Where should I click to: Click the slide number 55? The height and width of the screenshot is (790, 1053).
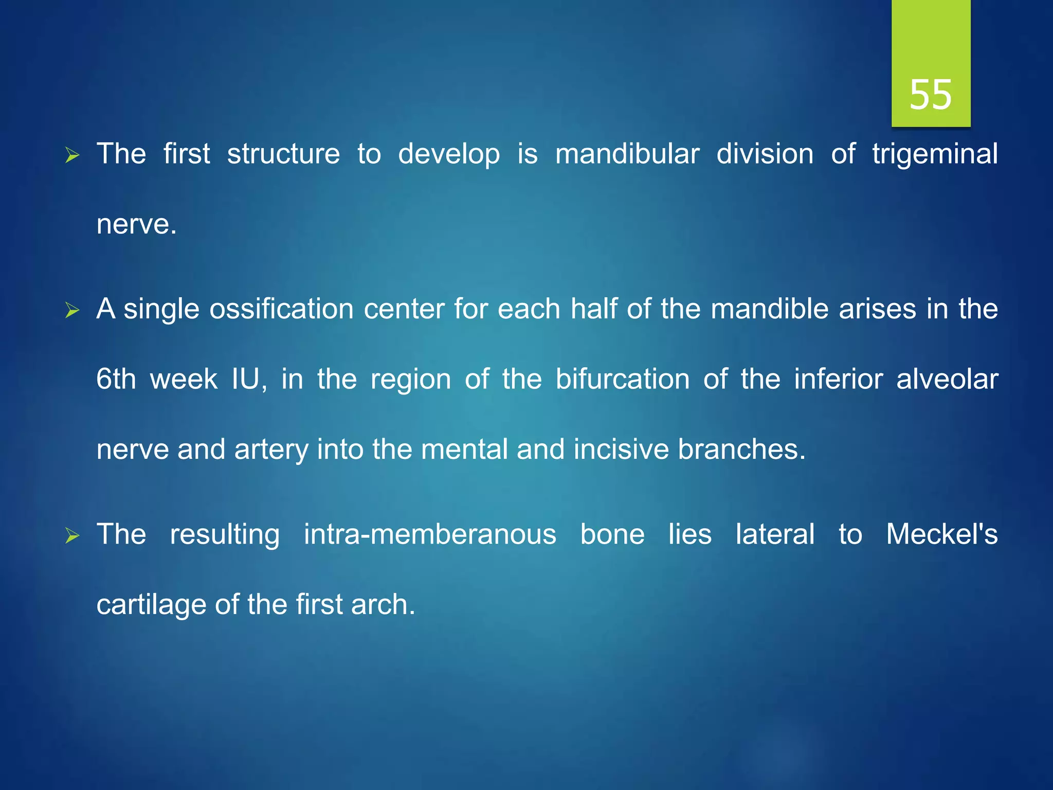(x=930, y=95)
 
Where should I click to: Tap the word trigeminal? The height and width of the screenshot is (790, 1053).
(x=935, y=154)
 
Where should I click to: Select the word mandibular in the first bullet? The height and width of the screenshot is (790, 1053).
(x=627, y=154)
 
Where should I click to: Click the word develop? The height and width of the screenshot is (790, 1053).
(x=449, y=154)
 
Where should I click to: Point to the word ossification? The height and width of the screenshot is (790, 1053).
(x=281, y=309)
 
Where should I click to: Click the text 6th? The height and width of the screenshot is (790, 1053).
(x=116, y=380)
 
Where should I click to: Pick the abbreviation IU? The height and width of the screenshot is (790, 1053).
(x=248, y=380)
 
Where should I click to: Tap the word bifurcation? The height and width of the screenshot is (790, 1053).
(x=622, y=380)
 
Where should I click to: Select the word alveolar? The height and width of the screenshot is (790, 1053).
(x=947, y=380)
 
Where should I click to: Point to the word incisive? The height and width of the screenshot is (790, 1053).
(x=621, y=450)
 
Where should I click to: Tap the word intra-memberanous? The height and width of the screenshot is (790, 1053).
(x=430, y=534)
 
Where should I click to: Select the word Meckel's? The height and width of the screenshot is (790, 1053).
(x=941, y=534)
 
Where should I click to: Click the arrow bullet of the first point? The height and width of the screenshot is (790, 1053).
(x=72, y=155)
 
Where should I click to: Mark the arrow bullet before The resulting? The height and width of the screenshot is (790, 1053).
(x=72, y=536)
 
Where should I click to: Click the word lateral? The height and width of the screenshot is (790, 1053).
(x=775, y=534)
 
